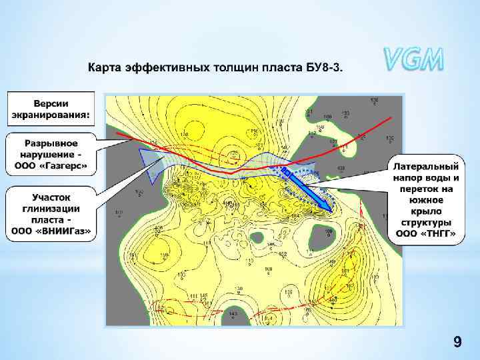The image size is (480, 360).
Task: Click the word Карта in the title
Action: (x=103, y=68)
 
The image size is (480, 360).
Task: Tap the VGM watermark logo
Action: (x=413, y=60)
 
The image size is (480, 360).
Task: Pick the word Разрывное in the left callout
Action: (x=51, y=143)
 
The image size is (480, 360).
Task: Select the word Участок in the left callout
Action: (x=51, y=198)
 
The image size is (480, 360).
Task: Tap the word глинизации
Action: (x=51, y=209)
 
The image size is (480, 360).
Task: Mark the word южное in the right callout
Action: (x=426, y=200)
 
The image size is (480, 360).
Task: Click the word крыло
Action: (x=426, y=211)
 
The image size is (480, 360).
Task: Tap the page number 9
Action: (x=457, y=343)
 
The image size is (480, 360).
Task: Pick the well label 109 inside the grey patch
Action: (x=329, y=231)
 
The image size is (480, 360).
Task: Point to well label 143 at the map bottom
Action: (x=232, y=313)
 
